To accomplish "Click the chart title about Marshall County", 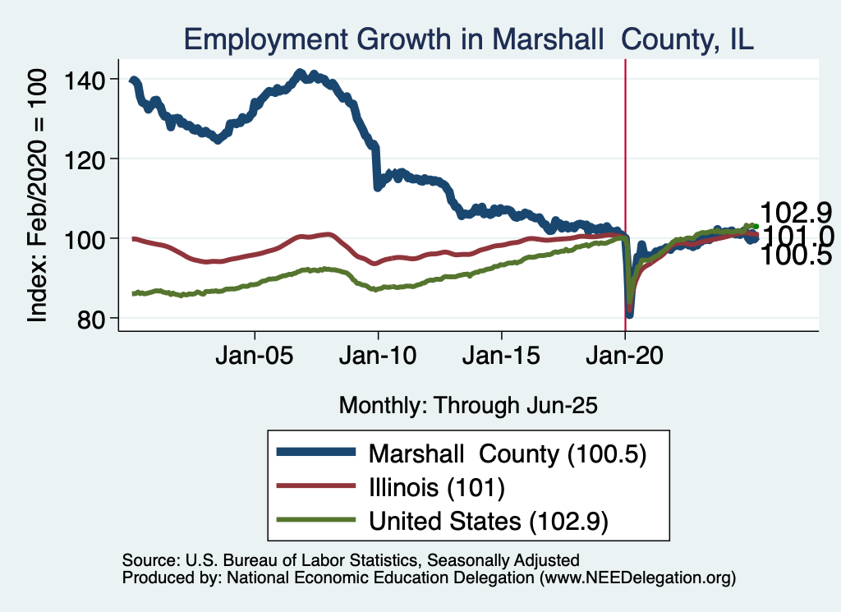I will pyautogui.click(x=468, y=39).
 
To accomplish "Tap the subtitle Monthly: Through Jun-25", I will pyautogui.click(x=467, y=405).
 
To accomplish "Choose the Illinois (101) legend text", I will pyautogui.click(x=435, y=487).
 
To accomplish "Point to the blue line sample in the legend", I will pyautogui.click(x=316, y=453).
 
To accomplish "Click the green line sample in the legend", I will pyautogui.click(x=316, y=520).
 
